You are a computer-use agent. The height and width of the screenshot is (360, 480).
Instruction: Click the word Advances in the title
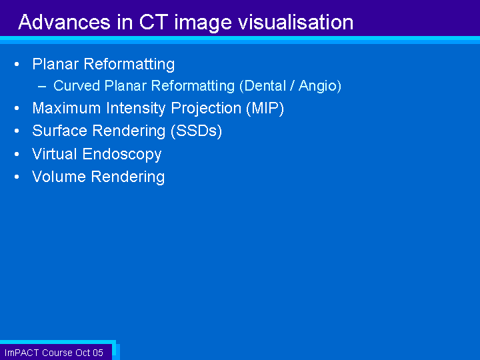click(x=64, y=22)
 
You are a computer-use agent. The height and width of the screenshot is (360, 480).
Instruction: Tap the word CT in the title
click(x=153, y=22)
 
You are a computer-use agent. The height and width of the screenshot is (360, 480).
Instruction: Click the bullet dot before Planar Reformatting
click(x=17, y=64)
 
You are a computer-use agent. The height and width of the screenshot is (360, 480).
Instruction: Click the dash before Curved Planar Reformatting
click(x=42, y=87)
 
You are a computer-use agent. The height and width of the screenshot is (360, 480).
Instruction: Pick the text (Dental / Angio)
click(x=290, y=86)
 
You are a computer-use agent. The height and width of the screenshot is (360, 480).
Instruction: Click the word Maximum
click(x=67, y=108)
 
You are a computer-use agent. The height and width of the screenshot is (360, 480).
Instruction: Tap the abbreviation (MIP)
click(x=265, y=109)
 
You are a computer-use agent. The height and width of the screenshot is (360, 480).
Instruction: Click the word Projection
click(x=206, y=109)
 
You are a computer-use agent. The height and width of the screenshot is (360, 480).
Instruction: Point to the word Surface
click(x=60, y=131)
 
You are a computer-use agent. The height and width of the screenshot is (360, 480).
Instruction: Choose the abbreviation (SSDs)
click(x=196, y=131)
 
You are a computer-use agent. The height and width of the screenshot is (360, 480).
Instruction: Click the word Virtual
click(x=54, y=154)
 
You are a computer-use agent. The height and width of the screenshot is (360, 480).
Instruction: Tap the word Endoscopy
click(x=122, y=154)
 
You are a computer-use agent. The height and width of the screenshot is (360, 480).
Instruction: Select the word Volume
click(x=59, y=177)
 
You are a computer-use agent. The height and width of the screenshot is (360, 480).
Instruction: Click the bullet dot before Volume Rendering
click(x=17, y=177)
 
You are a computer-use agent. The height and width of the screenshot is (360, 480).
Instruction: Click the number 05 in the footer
click(x=97, y=353)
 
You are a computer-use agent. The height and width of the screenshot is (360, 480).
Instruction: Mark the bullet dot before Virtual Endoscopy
click(x=17, y=154)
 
